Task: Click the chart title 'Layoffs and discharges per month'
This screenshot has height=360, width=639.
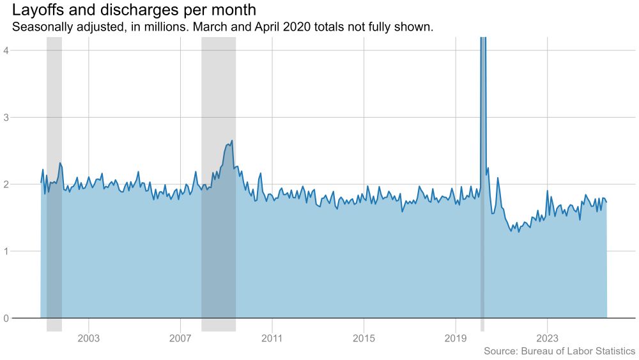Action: (x=134, y=11)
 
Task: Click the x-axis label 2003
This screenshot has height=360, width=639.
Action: (x=89, y=337)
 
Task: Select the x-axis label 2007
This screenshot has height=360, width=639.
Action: (x=180, y=337)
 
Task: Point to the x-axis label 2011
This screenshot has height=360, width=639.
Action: (x=272, y=337)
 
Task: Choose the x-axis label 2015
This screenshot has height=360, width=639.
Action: (x=364, y=337)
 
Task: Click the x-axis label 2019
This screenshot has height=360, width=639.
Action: (x=456, y=337)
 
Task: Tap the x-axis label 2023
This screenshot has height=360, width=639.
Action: (x=547, y=337)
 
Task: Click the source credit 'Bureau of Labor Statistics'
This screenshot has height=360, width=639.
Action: (x=578, y=351)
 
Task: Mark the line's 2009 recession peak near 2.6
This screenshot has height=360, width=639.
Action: (x=231, y=141)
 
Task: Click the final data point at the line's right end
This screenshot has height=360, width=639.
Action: (x=606, y=202)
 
